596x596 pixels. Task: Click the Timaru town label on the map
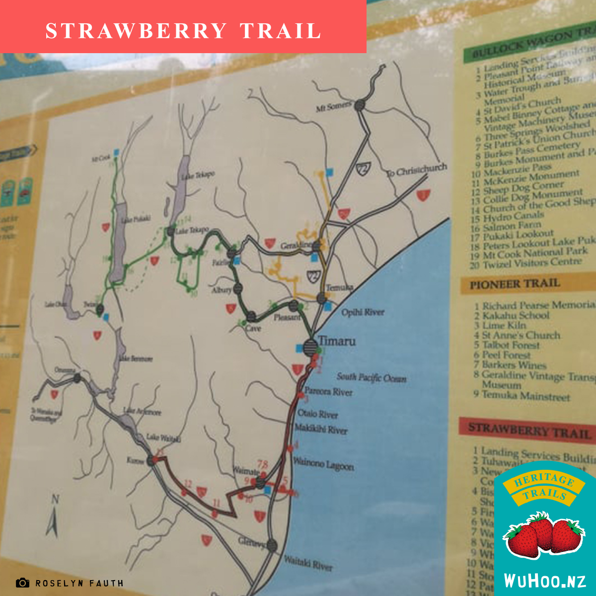click(337, 341)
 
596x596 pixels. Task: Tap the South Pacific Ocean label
click(372, 378)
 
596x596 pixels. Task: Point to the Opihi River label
click(363, 312)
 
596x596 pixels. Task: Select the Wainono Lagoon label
click(323, 464)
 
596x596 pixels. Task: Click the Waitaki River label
click(308, 563)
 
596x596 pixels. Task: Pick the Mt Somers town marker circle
click(360, 105)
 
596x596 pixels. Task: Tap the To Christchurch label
click(417, 170)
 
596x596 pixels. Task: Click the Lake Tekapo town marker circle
click(171, 231)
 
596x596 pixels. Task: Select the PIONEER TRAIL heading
click(515, 285)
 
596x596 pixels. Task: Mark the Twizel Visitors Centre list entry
click(531, 263)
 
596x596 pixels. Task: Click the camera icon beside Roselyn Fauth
click(22, 583)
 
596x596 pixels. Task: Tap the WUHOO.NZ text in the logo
click(545, 580)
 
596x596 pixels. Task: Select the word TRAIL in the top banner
click(281, 31)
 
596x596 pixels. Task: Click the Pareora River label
click(328, 392)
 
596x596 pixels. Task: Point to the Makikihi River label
click(321, 429)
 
